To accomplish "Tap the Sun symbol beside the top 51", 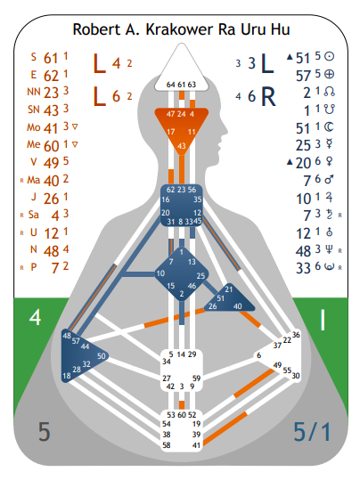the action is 329,56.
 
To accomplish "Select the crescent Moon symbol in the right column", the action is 329,127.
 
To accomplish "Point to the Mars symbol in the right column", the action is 329,180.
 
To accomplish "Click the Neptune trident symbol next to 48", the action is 329,249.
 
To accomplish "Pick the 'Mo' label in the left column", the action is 33,127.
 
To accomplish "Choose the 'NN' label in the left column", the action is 33,92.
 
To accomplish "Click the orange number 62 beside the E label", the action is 51,76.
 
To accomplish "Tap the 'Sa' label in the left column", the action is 33,215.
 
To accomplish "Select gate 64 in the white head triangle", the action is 171,85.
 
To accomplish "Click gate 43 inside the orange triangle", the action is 182,146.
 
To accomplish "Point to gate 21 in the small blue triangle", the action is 229,289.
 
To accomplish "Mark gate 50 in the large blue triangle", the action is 101,356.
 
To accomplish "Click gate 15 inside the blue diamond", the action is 171,286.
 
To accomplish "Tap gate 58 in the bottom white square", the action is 167,444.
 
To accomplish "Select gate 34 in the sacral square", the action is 167,362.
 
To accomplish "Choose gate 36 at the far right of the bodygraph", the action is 296,335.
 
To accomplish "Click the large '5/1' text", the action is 312,432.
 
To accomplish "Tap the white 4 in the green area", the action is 35,317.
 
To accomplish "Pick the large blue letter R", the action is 268,97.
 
